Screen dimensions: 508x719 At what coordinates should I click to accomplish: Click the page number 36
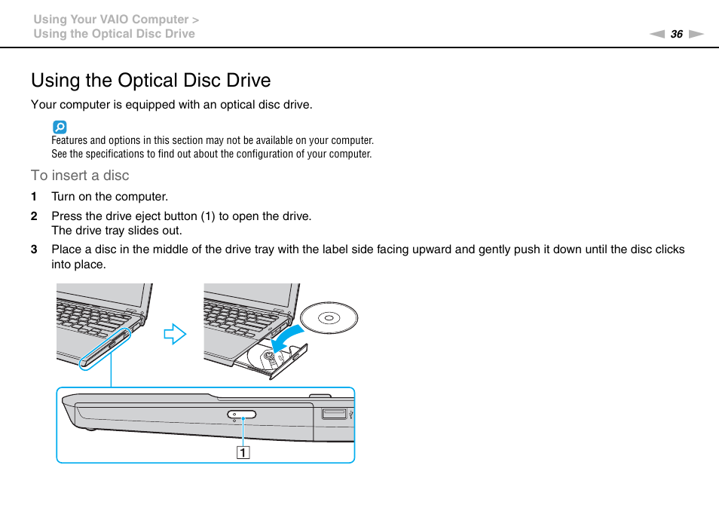(676, 34)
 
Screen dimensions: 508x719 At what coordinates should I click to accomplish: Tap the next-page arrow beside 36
(696, 34)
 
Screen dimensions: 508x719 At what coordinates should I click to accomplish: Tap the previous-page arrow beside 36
(657, 34)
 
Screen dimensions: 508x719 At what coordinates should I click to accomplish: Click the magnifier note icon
(60, 127)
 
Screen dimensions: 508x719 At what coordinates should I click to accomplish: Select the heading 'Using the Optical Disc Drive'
(151, 81)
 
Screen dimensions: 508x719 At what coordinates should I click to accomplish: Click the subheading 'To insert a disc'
(80, 176)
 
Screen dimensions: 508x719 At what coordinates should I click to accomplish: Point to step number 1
(34, 197)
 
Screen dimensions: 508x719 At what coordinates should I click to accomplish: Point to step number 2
(34, 216)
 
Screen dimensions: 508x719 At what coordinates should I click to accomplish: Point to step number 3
(34, 249)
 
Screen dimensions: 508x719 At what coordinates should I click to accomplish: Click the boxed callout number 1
(243, 453)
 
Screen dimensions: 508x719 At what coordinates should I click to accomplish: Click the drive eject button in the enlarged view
(242, 415)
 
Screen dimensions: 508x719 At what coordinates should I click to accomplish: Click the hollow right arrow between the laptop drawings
(175, 333)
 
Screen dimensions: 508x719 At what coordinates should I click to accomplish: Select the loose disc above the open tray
(329, 318)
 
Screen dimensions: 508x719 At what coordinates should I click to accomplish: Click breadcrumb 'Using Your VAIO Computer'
(110, 20)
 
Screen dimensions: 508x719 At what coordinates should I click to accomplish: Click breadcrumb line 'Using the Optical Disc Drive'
(114, 34)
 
